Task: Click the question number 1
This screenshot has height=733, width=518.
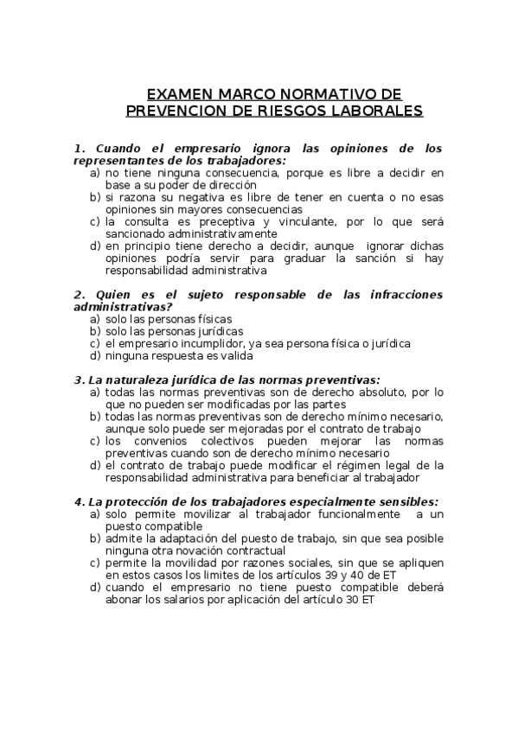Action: point(79,148)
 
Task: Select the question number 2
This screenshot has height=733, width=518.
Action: point(79,294)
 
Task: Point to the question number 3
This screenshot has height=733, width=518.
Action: point(79,379)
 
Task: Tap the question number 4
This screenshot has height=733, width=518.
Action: point(79,501)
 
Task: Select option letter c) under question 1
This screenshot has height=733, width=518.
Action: point(95,220)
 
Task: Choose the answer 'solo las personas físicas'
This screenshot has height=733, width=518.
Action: point(164,318)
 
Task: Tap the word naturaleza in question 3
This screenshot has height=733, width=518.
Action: point(144,379)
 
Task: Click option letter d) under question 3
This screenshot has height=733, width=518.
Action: point(95,464)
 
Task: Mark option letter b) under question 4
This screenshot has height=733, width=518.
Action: point(95,538)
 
